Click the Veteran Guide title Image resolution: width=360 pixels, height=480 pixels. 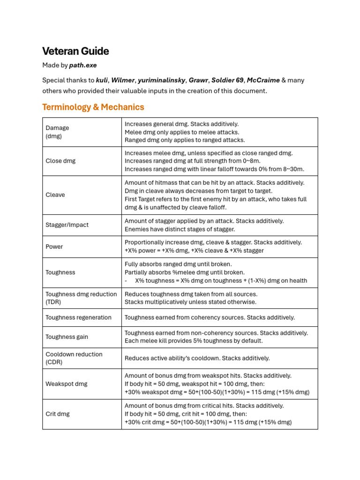(x=75, y=51)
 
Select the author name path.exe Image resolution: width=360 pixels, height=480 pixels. (x=83, y=65)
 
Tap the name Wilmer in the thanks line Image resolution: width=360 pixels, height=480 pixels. (x=122, y=80)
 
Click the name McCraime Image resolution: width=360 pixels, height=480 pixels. (x=263, y=80)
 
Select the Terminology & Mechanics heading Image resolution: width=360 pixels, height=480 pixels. (x=93, y=107)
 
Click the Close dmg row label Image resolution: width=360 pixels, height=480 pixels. (x=60, y=161)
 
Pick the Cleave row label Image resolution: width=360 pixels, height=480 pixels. (x=55, y=195)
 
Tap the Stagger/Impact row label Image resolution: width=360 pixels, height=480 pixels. (x=67, y=225)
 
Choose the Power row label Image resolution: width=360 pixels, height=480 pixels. (x=54, y=247)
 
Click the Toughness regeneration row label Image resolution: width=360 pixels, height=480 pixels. (x=78, y=317)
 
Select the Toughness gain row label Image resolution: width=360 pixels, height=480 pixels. (x=67, y=337)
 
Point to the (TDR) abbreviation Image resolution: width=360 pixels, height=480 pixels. (x=53, y=302)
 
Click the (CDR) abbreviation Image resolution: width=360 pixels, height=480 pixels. (x=54, y=362)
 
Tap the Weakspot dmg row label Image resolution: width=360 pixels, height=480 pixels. (x=67, y=383)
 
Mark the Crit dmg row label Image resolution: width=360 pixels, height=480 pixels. (x=58, y=414)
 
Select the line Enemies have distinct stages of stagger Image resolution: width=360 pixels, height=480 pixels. (x=180, y=229)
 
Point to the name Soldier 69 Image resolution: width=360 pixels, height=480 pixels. (x=227, y=80)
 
